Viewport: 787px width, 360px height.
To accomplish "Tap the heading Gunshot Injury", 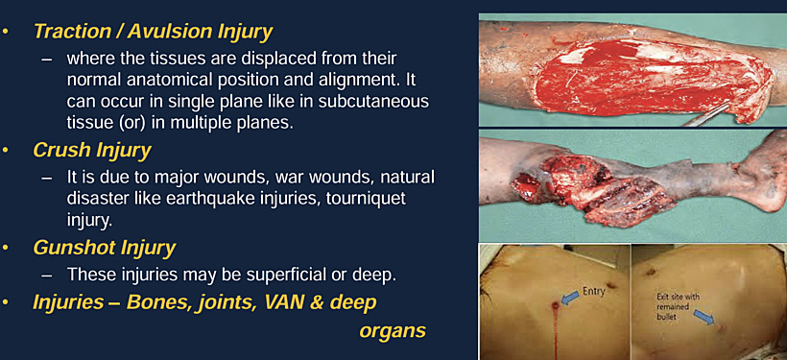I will point(105,248).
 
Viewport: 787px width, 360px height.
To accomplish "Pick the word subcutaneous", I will point(375,100).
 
